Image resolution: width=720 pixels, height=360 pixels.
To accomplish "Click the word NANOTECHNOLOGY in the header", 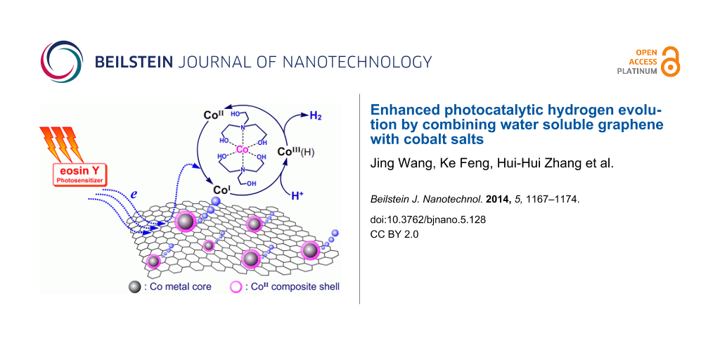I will [x=356, y=62].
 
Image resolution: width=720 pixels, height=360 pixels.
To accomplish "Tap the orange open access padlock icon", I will [x=671, y=61].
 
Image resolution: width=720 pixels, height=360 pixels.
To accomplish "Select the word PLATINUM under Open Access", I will [x=637, y=71].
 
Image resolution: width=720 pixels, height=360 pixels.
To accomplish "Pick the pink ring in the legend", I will [x=236, y=287].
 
